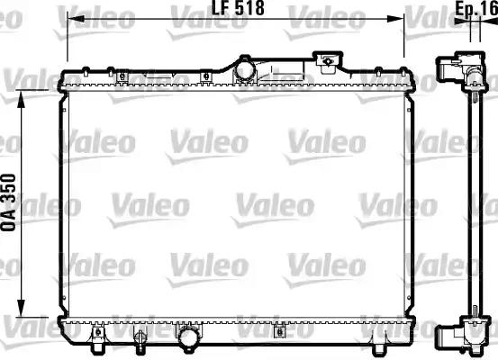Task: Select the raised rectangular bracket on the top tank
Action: [330, 61]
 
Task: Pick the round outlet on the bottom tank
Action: [189, 337]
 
